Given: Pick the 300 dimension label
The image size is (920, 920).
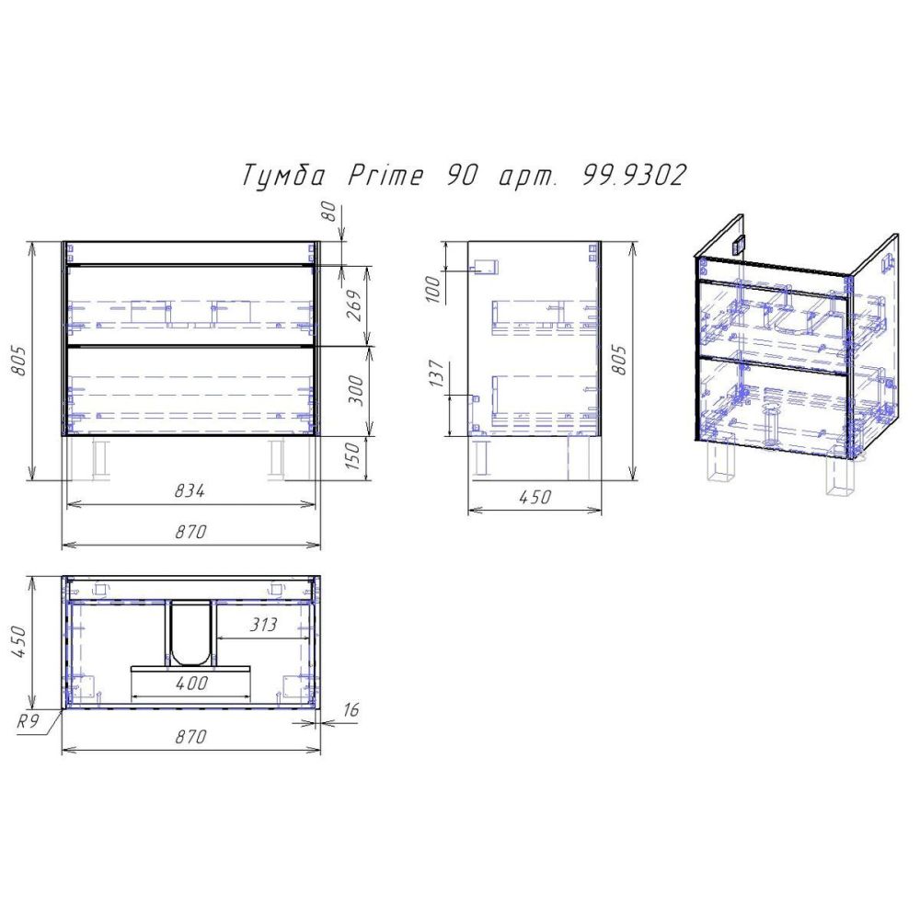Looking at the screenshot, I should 357,391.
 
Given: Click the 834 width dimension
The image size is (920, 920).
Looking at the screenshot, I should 190,492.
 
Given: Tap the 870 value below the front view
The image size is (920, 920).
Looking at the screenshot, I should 190,533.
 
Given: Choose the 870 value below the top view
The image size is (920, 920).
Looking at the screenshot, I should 190,738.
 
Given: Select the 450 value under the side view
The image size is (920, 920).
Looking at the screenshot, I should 535,498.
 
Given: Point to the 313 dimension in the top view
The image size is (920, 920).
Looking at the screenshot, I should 263,626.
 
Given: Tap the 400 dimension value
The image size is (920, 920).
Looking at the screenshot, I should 191,684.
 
